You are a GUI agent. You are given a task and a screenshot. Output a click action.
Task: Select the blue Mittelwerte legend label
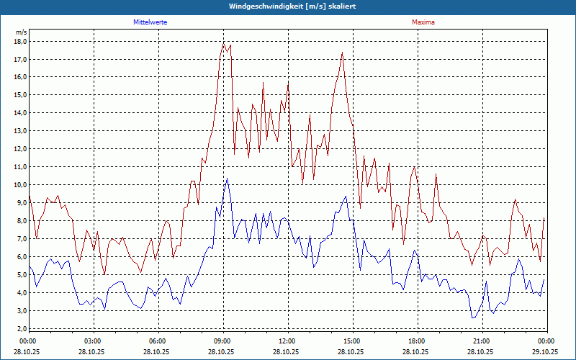(150, 22)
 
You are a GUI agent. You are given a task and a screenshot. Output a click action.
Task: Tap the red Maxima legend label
(423, 22)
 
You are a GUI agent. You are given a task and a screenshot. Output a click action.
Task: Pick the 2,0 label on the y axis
(21, 328)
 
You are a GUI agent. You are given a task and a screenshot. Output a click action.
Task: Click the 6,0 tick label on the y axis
(21, 256)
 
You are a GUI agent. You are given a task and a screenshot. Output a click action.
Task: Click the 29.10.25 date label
(545, 351)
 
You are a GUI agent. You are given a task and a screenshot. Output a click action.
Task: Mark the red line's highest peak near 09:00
(224, 43)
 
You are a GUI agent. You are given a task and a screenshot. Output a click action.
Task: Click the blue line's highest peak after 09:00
(227, 179)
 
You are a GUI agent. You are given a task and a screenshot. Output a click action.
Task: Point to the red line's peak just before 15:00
(342, 53)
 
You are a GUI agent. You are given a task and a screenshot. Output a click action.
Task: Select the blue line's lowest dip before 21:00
(473, 318)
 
